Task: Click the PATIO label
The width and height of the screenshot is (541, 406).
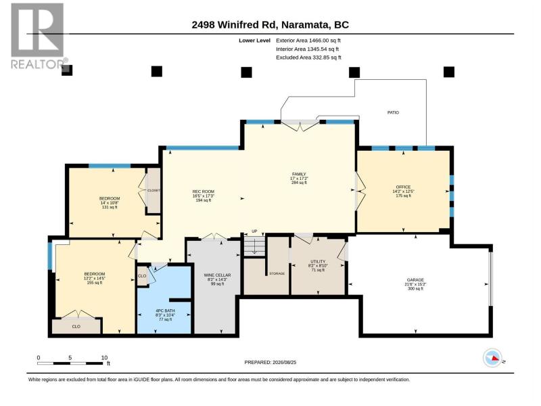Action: pos(393,112)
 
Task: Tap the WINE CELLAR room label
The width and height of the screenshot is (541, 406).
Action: pos(217,275)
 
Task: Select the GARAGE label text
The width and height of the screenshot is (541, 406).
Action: pos(415,280)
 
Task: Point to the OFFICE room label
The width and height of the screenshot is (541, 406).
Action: pos(403,187)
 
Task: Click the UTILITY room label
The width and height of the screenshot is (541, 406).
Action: pos(318,262)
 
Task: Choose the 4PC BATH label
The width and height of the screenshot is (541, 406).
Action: pos(165,311)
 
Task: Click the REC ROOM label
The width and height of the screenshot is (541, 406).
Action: pos(204,191)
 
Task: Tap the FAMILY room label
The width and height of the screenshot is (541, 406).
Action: pos(299,175)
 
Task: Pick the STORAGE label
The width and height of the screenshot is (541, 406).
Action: pos(277,273)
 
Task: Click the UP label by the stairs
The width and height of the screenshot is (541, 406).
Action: pos(254,231)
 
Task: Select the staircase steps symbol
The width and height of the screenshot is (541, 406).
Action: pos(254,246)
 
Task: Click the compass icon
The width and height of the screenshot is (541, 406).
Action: pos(492,358)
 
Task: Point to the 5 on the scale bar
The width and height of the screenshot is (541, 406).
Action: pos(70,358)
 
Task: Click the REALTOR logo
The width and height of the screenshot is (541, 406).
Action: pos(39,36)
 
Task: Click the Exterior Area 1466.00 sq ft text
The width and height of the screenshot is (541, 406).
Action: pos(308,41)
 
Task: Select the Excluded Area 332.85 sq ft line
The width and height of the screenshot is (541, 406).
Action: pos(308,58)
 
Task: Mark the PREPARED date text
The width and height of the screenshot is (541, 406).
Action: pos(270,363)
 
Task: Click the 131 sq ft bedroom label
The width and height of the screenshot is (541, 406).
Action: pos(110,207)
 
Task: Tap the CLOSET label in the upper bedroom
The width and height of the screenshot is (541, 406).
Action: pos(154,191)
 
